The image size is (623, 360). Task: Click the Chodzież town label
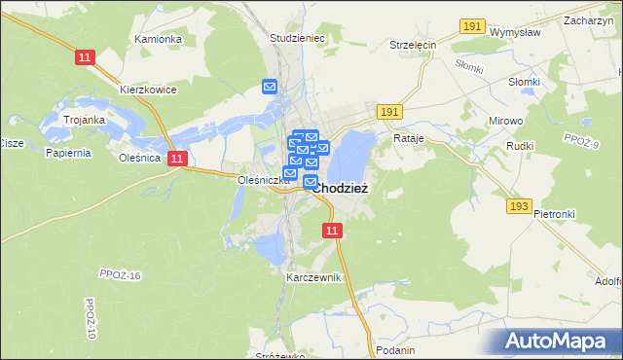click(x=341, y=189)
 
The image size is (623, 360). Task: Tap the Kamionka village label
click(x=159, y=39)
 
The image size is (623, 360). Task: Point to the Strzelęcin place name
click(x=414, y=45)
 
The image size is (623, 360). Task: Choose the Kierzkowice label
click(x=148, y=90)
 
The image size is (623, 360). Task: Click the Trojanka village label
click(x=84, y=120)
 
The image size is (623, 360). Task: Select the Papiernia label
click(x=68, y=153)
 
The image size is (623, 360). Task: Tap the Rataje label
click(x=410, y=138)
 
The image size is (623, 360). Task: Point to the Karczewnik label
click(x=313, y=277)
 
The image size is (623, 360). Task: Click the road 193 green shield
click(x=519, y=206)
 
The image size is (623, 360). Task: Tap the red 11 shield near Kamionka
click(x=84, y=58)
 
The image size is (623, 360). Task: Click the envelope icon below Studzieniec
click(x=271, y=87)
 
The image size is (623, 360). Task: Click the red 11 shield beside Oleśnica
click(x=176, y=159)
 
